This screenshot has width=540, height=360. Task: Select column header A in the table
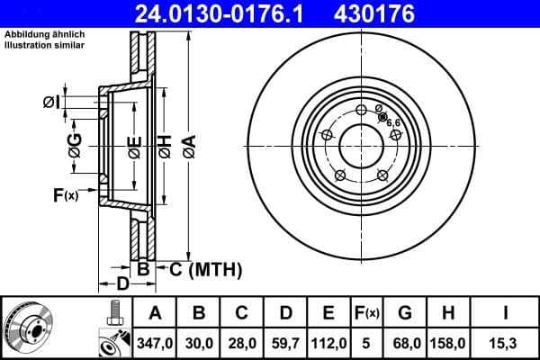coord(154,312)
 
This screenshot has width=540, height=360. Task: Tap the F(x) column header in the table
coord(368,312)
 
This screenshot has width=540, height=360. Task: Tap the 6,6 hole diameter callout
coord(393,123)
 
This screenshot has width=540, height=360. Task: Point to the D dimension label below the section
coord(123,284)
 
